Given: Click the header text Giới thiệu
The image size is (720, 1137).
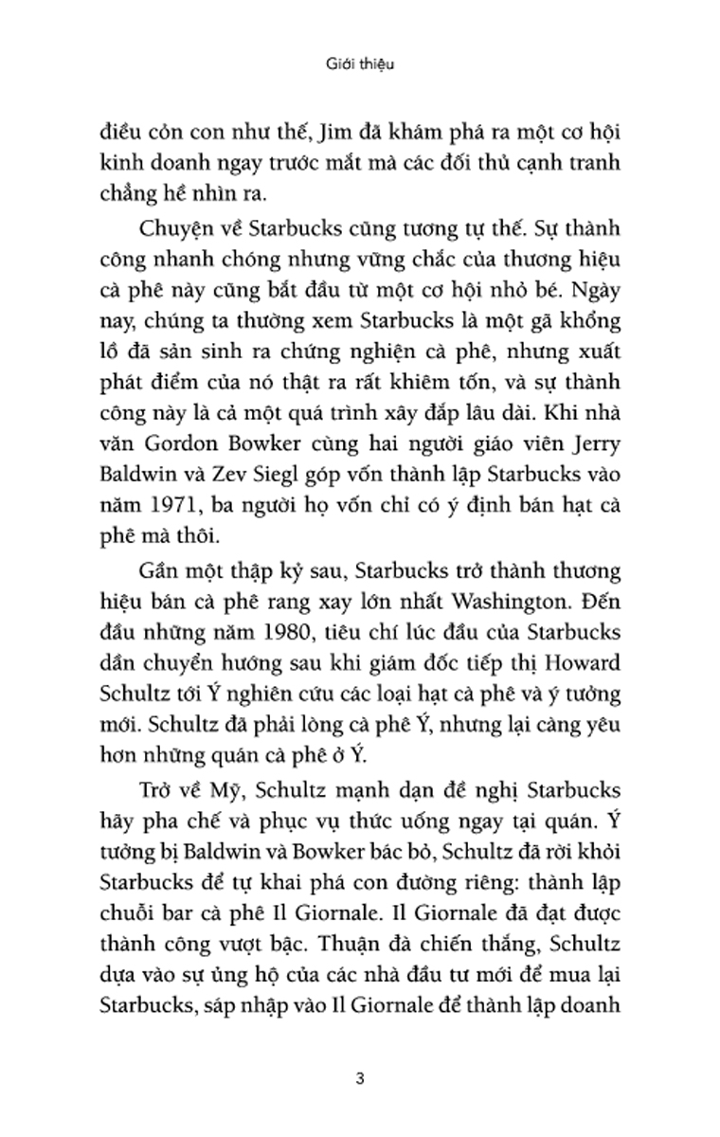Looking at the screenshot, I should [x=359, y=65].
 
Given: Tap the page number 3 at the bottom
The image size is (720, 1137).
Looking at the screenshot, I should [x=359, y=1051].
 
